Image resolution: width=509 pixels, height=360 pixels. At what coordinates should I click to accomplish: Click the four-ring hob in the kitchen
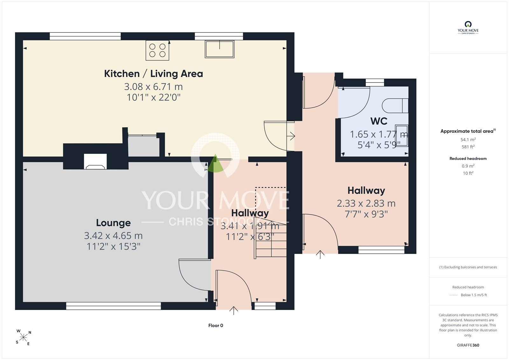click(157, 50)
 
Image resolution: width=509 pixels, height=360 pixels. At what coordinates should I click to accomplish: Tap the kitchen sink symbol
click(219, 49)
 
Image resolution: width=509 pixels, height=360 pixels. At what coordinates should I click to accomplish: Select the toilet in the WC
click(395, 106)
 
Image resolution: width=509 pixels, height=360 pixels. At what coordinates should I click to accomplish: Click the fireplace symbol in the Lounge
click(95, 161)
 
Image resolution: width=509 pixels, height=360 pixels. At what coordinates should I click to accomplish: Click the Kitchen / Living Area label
click(153, 74)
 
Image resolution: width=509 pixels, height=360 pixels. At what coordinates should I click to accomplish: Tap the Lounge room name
click(113, 223)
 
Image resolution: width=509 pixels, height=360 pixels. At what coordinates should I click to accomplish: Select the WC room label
click(379, 121)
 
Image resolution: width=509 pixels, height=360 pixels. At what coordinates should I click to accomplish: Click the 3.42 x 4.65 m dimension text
click(113, 236)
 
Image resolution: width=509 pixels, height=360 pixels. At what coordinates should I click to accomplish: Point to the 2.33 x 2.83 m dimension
click(366, 203)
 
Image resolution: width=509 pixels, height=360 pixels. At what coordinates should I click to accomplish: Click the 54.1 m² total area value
click(468, 139)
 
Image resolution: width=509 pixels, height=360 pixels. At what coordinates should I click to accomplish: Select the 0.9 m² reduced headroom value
click(468, 166)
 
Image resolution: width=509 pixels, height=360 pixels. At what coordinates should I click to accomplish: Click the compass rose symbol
click(23, 337)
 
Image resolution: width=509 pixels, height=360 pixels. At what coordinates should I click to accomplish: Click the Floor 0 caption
click(216, 325)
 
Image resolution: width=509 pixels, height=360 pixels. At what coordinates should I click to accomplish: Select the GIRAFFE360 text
click(468, 345)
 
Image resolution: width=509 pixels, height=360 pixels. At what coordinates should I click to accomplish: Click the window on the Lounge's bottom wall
click(113, 306)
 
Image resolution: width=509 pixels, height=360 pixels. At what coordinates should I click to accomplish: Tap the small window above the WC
click(375, 82)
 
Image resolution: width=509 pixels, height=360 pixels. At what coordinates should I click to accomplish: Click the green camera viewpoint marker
click(215, 163)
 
